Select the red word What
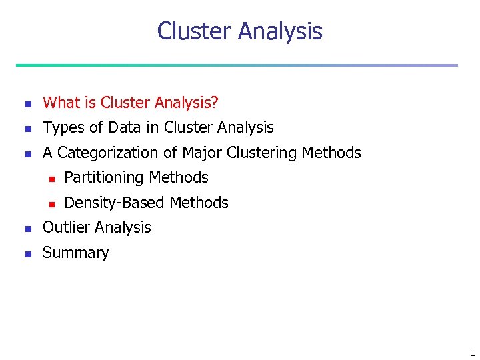click(x=61, y=103)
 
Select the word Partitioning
click(x=104, y=178)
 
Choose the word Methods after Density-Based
click(x=199, y=203)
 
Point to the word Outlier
click(x=65, y=227)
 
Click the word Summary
click(x=75, y=253)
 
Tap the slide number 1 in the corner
click(x=472, y=353)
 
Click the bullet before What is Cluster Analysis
click(x=27, y=104)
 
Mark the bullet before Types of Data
click(x=27, y=129)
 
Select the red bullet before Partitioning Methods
click(x=49, y=179)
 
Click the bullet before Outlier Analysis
click(x=27, y=229)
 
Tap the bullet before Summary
click(x=27, y=254)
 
